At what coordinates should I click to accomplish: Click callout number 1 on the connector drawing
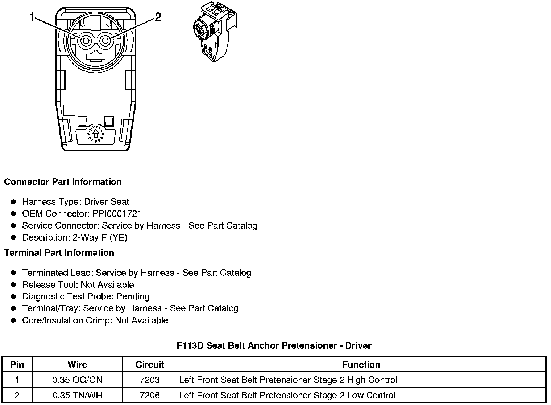[33, 17]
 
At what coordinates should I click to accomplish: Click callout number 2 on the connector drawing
[158, 17]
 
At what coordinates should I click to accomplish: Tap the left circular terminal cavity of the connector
[86, 41]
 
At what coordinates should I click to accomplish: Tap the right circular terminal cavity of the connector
[105, 41]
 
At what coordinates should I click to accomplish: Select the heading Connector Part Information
[63, 182]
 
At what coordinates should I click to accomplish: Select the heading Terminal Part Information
[59, 253]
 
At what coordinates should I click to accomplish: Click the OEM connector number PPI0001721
[117, 213]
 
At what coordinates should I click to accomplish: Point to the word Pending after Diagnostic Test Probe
[133, 296]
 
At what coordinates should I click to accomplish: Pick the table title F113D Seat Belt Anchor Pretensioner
[274, 345]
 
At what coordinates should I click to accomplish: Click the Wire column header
[77, 364]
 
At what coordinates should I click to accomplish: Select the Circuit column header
[150, 364]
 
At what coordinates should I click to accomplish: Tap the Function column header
[361, 364]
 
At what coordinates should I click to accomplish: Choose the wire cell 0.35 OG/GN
[77, 380]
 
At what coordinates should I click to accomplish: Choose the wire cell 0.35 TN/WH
[77, 395]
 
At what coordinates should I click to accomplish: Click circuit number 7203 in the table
[150, 380]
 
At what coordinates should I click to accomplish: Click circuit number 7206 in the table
[150, 395]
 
